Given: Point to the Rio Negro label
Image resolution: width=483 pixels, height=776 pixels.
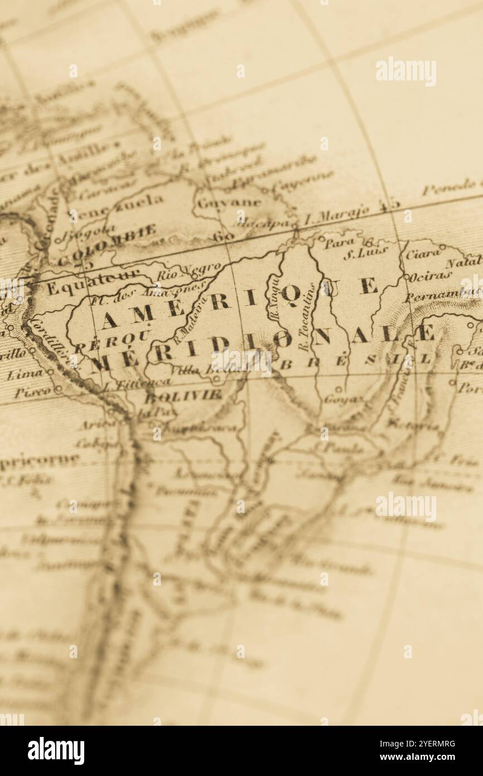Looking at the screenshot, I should click(182, 271).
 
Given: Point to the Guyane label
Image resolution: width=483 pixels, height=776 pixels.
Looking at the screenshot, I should click(229, 203).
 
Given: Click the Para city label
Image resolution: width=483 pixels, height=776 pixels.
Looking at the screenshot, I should click(340, 242).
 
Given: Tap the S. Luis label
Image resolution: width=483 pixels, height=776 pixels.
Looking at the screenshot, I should click(357, 254).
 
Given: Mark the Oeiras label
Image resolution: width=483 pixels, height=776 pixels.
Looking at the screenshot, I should click(430, 275).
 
